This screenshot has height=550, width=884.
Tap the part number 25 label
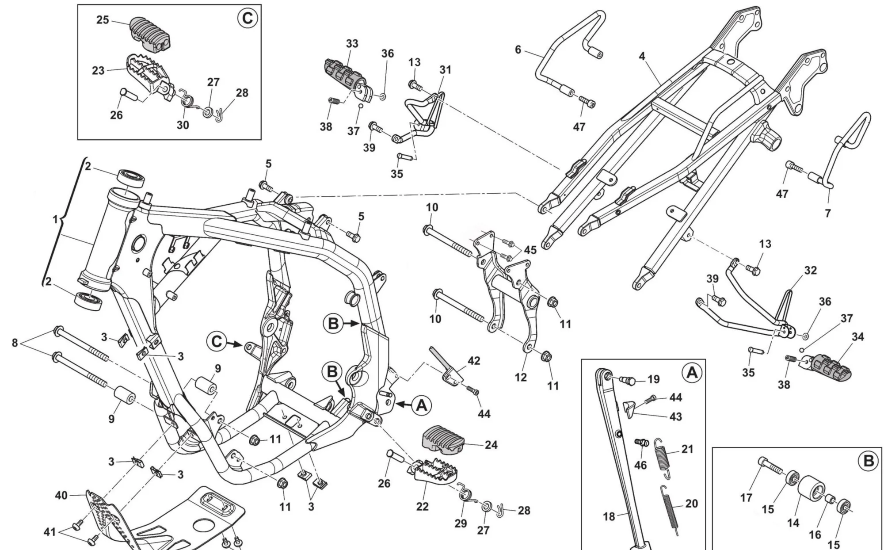point(103,20)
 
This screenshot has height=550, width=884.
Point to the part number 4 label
point(642,56)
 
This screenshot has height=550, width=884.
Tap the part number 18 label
point(609,516)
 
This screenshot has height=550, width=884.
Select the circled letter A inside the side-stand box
point(692,373)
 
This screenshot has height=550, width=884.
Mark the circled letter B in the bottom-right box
point(868,461)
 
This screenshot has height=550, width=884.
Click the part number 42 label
point(474,361)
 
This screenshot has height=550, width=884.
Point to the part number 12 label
point(521,377)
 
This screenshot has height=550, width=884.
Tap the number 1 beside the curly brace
point(55,219)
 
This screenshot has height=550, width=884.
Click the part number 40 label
point(61,496)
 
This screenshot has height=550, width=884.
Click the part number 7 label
point(827,213)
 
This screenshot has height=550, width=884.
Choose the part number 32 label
point(810,270)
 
